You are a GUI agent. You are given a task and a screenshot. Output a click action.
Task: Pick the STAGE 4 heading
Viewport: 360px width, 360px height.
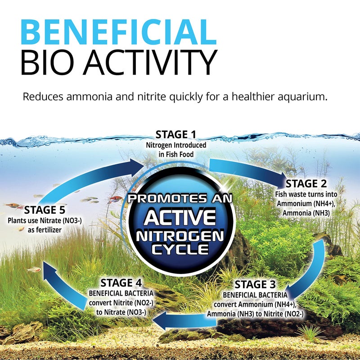click(121, 283)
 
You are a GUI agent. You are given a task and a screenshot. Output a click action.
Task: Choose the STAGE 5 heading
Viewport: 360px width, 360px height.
click(45, 210)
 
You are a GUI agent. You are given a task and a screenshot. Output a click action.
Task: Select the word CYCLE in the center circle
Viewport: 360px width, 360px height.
click(179, 248)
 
